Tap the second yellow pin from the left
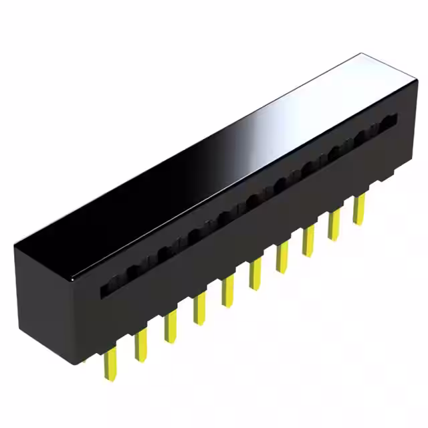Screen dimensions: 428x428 140,345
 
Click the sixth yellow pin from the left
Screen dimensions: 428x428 255,275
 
